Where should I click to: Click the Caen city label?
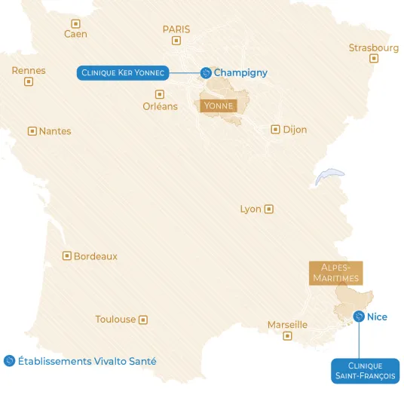(75, 34)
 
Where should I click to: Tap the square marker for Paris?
(176, 41)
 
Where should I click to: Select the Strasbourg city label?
(373, 48)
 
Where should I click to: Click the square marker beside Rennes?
(29, 81)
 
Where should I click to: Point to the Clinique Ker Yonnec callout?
(123, 72)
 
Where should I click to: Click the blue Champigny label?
(240, 73)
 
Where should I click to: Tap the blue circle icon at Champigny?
(205, 73)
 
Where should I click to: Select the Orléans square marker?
(159, 94)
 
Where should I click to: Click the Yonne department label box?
(218, 106)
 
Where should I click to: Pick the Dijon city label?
(295, 130)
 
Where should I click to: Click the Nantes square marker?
(32, 131)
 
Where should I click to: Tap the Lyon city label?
(250, 209)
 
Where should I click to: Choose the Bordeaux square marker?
(66, 256)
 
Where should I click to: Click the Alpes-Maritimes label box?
(335, 273)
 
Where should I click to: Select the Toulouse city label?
(115, 320)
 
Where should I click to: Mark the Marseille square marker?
(287, 336)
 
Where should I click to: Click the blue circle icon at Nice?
(359, 317)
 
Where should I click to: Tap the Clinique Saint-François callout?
(365, 370)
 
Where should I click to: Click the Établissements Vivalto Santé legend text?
(87, 361)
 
